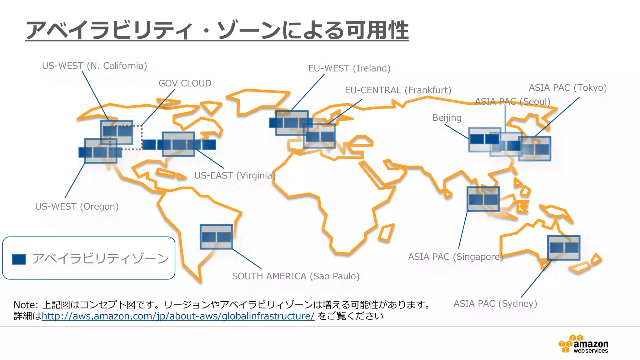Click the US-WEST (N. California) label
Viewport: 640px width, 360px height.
click(94, 66)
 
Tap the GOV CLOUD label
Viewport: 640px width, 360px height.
click(185, 83)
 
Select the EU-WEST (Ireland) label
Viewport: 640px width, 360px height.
click(349, 68)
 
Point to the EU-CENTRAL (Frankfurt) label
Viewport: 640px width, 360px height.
click(398, 90)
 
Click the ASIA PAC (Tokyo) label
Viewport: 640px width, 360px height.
click(567, 88)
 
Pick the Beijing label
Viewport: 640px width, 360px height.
click(447, 118)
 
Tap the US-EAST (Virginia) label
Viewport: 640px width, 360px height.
click(234, 176)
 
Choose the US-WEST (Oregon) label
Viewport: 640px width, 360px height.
click(77, 207)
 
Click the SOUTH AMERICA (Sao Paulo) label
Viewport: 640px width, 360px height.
click(296, 276)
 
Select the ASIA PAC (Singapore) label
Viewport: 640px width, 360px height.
click(455, 257)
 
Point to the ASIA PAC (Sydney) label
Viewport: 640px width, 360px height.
click(495, 304)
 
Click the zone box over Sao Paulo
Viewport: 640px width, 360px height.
click(216, 237)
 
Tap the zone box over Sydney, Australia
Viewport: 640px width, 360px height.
click(564, 248)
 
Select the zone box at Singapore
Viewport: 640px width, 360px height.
click(483, 199)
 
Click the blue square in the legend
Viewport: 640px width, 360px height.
click(19, 259)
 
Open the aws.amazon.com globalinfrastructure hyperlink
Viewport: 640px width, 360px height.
click(178, 316)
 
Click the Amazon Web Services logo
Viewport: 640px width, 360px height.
click(583, 344)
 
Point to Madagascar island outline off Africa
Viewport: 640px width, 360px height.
click(386, 233)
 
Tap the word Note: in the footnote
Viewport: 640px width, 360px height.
click(26, 305)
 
